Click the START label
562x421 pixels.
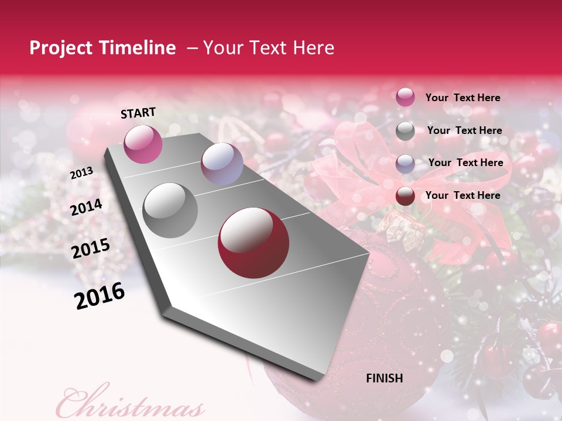pos(138,113)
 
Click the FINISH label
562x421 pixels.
pos(384,378)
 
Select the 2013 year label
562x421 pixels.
pos(82,173)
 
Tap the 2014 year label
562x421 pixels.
pos(87,208)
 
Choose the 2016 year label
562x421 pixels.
pos(100,296)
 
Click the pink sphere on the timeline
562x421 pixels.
pos(143,144)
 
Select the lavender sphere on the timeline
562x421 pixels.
pos(222,164)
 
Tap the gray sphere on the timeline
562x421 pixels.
pos(170,210)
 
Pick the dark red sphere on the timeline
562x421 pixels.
pos(253,243)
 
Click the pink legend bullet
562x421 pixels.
pos(405,98)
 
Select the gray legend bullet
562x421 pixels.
pos(405,131)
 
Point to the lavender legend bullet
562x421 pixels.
pos(405,163)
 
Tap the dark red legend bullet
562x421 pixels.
pos(405,196)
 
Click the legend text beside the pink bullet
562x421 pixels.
pos(462,98)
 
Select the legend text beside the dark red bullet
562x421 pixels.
pos(462,195)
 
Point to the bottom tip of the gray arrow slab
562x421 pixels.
pos(319,379)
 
